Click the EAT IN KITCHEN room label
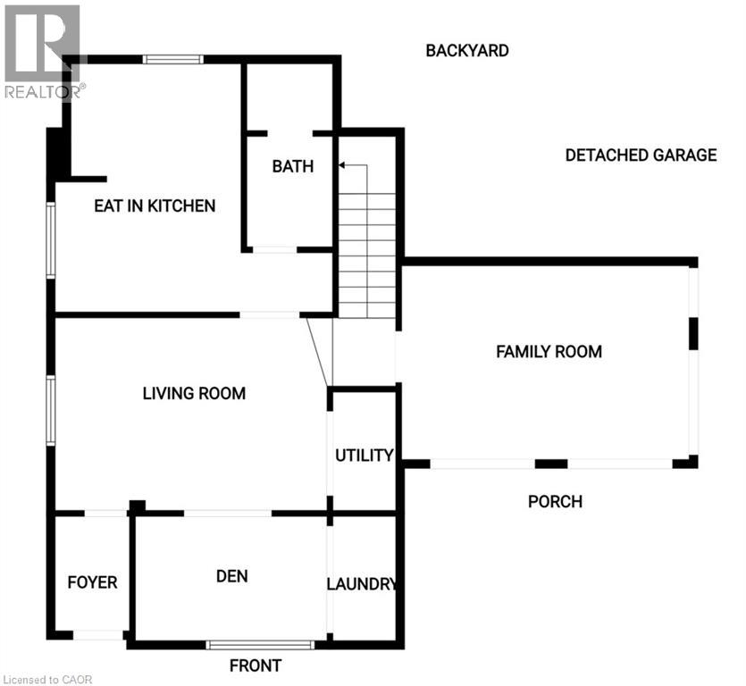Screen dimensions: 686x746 pos(155,205)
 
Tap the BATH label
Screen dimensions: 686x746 pos(293,166)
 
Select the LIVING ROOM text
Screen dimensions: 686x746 pos(194,393)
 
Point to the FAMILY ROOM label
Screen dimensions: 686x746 pos(549,351)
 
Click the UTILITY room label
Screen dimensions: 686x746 pos(364,456)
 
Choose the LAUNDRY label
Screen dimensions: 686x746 pos(362,584)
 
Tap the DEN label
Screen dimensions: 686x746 pos(231,576)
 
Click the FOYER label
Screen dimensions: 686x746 pos(92,582)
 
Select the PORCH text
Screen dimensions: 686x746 pos(555,501)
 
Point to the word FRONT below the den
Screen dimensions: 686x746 pos(256,665)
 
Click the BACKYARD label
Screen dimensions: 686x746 pos(466,50)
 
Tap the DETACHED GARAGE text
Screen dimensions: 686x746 pos(641,155)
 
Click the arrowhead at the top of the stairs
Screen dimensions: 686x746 pos(342,165)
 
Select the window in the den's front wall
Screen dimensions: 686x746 pos(260,644)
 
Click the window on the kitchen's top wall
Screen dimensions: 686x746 pos(173,60)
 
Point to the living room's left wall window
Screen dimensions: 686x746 pos(51,410)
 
